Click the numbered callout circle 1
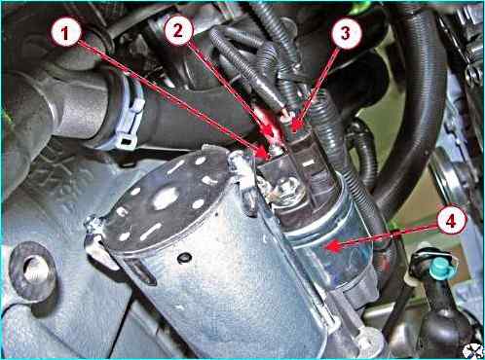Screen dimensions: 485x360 [66, 33]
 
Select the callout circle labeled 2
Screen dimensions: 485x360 [179, 30]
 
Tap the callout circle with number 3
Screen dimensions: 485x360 [346, 33]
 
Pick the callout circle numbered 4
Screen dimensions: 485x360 [451, 221]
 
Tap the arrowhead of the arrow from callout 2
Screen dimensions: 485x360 [270, 132]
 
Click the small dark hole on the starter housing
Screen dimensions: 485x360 [184, 258]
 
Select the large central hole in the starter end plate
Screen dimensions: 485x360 [166, 198]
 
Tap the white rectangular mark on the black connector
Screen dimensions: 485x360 [309, 162]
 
